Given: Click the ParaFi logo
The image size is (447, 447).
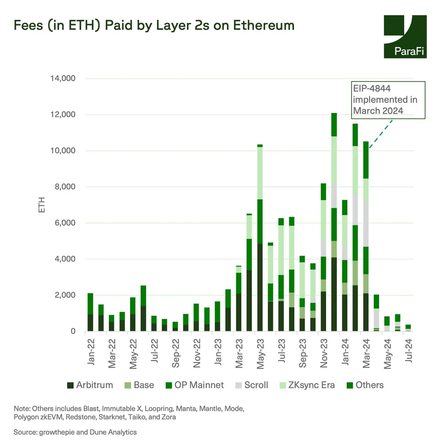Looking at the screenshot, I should pos(405,37).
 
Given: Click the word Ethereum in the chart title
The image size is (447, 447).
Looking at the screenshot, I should pos(264,25).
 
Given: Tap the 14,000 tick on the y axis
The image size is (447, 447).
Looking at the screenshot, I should pos(63,78).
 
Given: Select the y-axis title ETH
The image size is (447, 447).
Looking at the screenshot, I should pos(42,205).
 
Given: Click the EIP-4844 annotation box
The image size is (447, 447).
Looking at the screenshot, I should pos(388,100).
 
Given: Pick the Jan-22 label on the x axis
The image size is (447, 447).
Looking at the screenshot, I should pos(91,352).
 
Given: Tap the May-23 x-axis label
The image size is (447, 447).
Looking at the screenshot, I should pos(260,353).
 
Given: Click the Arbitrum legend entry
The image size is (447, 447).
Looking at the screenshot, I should pos(90,385).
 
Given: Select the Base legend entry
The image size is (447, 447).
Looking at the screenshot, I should pos(139,385).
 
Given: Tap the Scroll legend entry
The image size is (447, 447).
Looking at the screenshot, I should pos(252,385).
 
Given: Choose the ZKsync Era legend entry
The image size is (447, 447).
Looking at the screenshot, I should pos(307,385).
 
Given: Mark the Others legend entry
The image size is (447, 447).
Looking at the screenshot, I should pos(365,385).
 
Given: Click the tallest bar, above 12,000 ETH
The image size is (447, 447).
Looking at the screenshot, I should pos(334,223).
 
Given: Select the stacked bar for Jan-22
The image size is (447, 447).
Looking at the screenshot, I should pos(90,313).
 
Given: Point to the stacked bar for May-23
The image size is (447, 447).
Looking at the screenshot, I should pos(260,237).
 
